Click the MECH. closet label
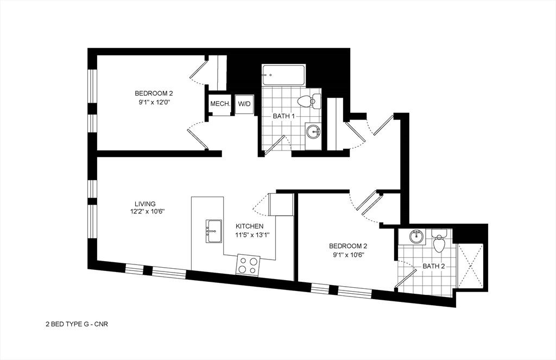(220, 104)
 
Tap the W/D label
(244, 104)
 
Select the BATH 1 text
(283, 116)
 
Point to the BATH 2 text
(433, 266)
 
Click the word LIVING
(145, 204)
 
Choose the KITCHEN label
(250, 226)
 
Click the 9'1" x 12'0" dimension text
(154, 101)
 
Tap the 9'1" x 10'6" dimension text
(348, 254)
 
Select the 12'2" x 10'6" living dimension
(147, 212)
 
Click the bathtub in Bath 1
(283, 75)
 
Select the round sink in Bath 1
(314, 131)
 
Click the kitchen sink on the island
(214, 231)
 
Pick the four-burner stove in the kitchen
(248, 264)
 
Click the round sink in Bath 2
(416, 237)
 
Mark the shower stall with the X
(470, 265)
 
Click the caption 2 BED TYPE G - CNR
(77, 324)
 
